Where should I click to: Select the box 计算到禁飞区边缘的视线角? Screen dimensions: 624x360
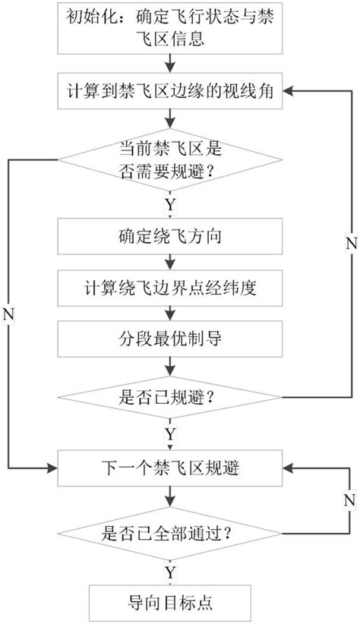tap(174, 93)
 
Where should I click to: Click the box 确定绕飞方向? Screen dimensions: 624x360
tap(174, 237)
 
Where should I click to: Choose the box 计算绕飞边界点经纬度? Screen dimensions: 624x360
tap(174, 288)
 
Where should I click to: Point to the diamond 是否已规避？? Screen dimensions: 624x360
tap(174, 396)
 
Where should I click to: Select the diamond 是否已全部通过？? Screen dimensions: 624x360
tap(174, 533)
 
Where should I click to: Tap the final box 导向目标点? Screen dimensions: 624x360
tap(174, 604)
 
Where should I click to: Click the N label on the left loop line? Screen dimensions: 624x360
tap(8, 313)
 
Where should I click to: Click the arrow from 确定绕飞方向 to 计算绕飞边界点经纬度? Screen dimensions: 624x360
tap(174, 263)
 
